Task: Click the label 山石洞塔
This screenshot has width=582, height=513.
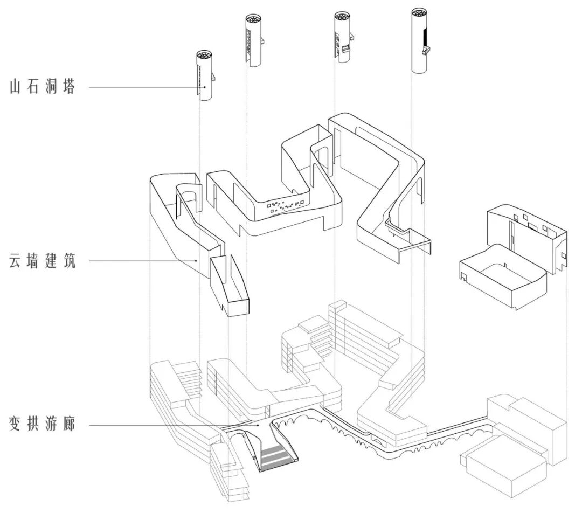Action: [42, 87]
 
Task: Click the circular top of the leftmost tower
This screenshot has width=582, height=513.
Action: [204, 56]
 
